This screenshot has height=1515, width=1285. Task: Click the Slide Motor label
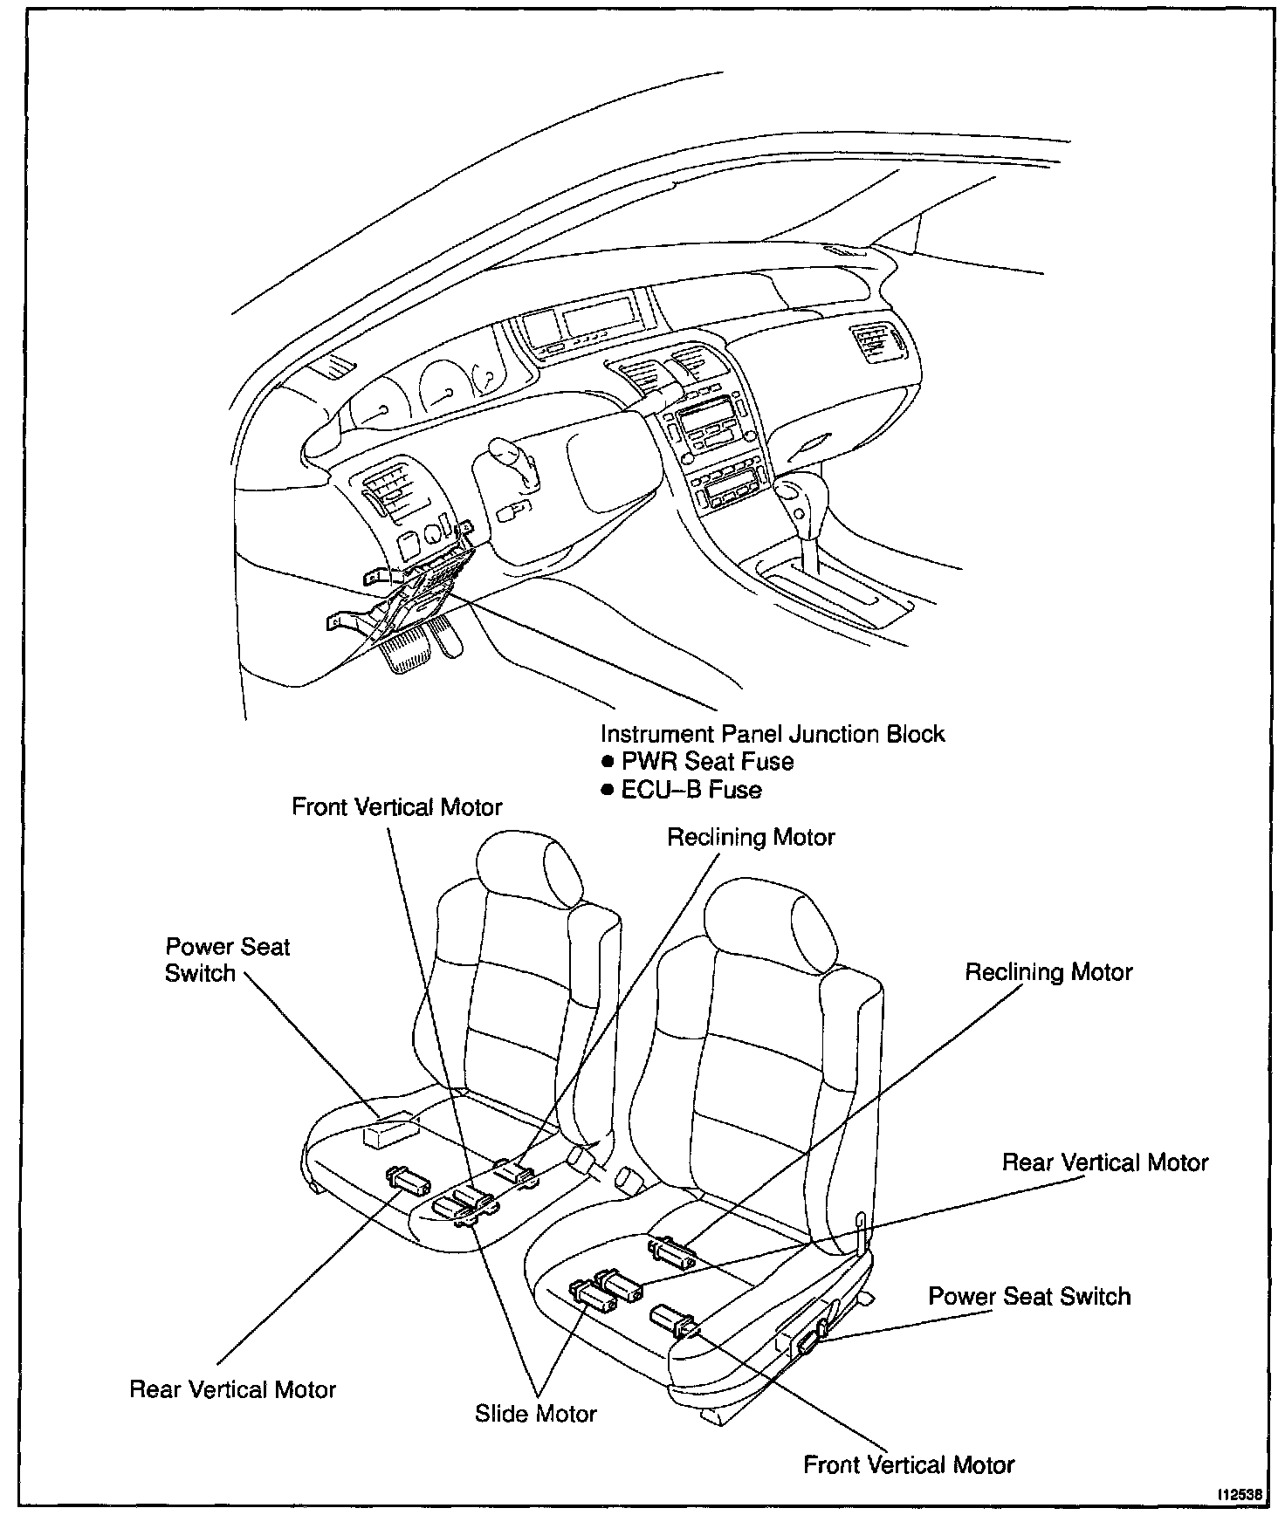pyautogui.click(x=535, y=1413)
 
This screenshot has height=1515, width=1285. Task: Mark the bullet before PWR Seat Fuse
pyautogui.click(x=608, y=763)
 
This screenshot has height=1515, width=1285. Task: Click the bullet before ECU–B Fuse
pyautogui.click(x=608, y=791)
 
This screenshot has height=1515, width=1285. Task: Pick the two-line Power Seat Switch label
pyautogui.click(x=227, y=960)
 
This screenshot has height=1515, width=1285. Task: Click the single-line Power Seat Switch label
pyautogui.click(x=1028, y=1296)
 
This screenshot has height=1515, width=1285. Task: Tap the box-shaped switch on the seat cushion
pyautogui.click(x=388, y=1132)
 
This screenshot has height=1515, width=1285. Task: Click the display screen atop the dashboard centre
pyautogui.click(x=599, y=316)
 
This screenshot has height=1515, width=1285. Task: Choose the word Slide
pyautogui.click(x=499, y=1413)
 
